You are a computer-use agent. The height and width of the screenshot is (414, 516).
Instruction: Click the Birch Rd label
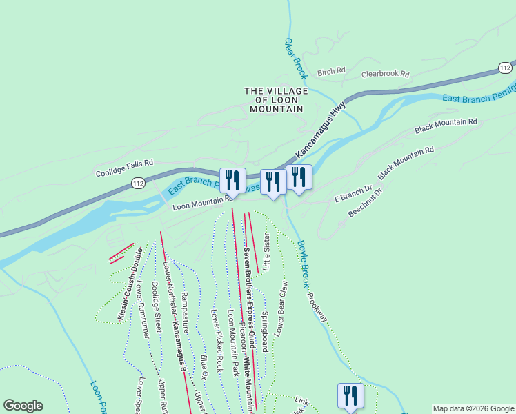(x=330, y=72)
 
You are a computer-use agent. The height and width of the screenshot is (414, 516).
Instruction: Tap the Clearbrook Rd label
(x=386, y=74)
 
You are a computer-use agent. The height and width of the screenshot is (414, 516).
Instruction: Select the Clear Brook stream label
(x=295, y=57)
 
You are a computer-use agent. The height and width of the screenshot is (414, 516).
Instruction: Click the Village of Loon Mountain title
(x=274, y=100)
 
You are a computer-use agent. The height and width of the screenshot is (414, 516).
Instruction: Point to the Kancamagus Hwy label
(x=320, y=129)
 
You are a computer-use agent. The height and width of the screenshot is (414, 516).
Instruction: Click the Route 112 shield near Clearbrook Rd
(x=506, y=67)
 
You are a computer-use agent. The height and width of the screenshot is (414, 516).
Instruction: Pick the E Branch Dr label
(x=353, y=193)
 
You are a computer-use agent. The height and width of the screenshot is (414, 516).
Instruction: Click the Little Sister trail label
(x=266, y=253)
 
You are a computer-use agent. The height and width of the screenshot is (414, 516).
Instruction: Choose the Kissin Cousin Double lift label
(x=129, y=283)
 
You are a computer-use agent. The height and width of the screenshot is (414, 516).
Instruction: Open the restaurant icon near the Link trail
(x=350, y=396)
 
